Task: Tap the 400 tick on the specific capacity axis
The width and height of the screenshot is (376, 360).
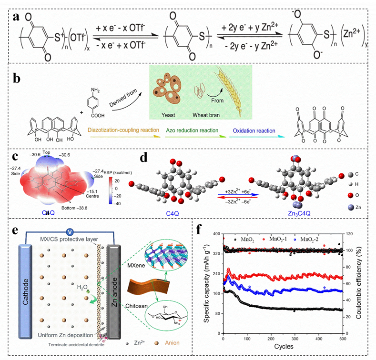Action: pos(215,234)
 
